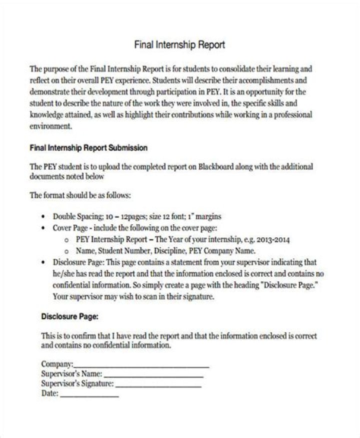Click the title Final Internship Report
click(x=180, y=45)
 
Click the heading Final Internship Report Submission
click(x=89, y=148)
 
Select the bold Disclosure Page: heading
click(x=69, y=317)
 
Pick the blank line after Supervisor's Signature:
click(x=158, y=385)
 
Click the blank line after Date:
click(x=89, y=395)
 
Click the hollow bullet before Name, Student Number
click(x=66, y=251)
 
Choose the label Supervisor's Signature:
click(x=77, y=384)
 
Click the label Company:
click(x=57, y=365)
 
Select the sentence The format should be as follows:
click(x=81, y=195)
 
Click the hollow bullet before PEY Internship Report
click(x=66, y=240)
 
